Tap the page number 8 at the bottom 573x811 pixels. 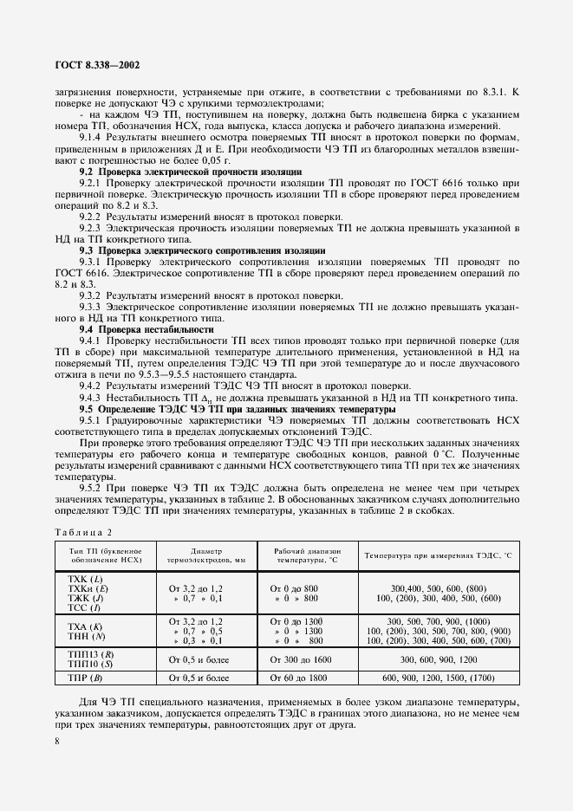pyautogui.click(x=56, y=742)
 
